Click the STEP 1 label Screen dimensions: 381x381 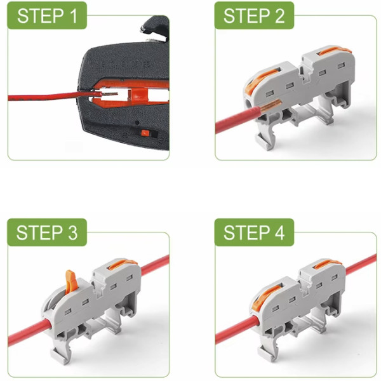click(x=47, y=15)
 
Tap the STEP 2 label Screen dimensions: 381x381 click(x=254, y=15)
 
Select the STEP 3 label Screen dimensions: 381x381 click(x=47, y=232)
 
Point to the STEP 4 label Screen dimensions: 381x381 click(x=254, y=232)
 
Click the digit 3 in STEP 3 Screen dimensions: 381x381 click(x=72, y=233)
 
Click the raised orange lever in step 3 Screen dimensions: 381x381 click(x=70, y=281)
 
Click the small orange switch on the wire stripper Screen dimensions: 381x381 click(x=145, y=133)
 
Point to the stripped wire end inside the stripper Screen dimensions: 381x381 click(x=109, y=94)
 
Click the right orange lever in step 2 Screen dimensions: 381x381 click(x=334, y=51)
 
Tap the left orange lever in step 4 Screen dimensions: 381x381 click(x=264, y=297)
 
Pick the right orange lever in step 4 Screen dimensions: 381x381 click(x=328, y=264)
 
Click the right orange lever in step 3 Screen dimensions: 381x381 click(x=123, y=264)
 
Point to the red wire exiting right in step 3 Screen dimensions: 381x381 click(x=156, y=265)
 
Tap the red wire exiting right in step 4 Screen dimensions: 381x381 click(x=361, y=265)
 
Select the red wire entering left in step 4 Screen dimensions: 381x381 click(x=237, y=330)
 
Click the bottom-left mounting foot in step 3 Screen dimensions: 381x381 click(x=59, y=356)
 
